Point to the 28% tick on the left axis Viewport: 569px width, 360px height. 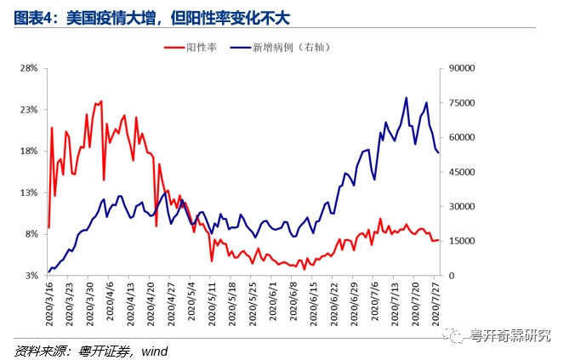28,68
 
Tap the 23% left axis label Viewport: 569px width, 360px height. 28,110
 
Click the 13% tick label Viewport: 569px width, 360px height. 28,193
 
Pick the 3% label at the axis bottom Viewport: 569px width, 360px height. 31,276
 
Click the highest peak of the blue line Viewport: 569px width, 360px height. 406,98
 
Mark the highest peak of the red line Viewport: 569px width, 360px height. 100,101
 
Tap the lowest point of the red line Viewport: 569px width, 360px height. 304,269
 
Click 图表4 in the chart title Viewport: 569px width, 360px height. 32,14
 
